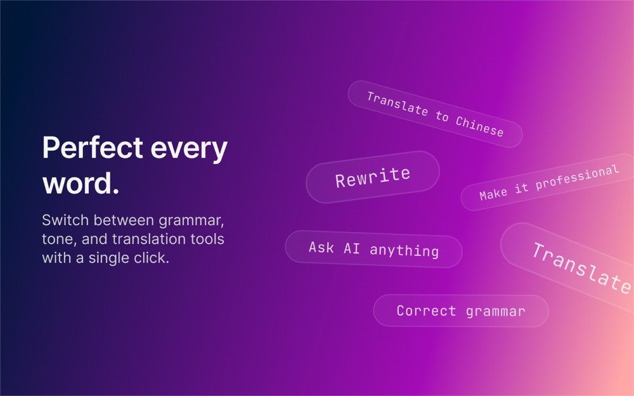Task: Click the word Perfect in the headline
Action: (x=93, y=147)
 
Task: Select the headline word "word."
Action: (x=81, y=184)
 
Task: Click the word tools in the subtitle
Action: (x=209, y=239)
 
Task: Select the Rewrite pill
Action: (x=373, y=177)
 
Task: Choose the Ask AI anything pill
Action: (x=373, y=249)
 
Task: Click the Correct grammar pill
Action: (x=461, y=310)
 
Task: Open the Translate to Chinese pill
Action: (x=435, y=114)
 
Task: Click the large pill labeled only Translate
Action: (x=567, y=267)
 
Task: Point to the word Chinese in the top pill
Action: (x=479, y=126)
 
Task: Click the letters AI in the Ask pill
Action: (x=351, y=248)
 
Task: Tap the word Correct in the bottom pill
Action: (x=426, y=310)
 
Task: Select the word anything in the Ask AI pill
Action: (x=404, y=250)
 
